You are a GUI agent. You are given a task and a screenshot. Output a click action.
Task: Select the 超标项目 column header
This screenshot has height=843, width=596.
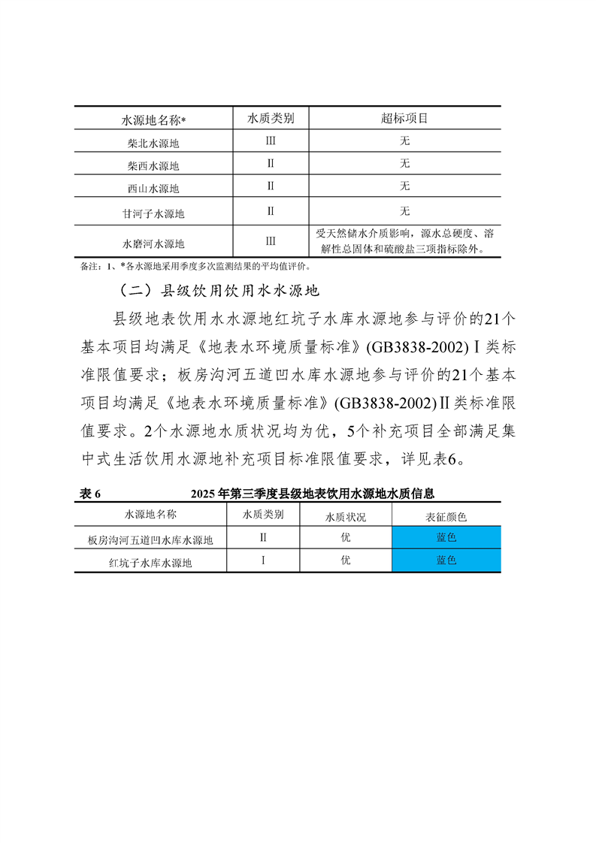[x=404, y=118]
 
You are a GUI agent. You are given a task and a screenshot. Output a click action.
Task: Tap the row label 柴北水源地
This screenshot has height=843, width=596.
[x=153, y=142]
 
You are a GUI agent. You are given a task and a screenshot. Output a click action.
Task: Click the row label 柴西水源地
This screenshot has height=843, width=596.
[x=153, y=165]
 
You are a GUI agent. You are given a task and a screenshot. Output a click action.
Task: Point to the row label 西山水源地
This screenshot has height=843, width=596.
[x=153, y=189]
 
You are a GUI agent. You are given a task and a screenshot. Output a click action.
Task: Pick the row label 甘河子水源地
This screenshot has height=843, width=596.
[x=153, y=213]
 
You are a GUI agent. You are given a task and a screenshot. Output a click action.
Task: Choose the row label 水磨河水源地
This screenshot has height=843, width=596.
[x=153, y=243]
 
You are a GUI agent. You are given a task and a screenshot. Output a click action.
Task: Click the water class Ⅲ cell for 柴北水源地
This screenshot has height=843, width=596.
[x=271, y=141]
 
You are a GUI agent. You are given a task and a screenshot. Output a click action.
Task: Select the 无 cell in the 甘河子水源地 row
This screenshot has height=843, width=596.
[x=404, y=210]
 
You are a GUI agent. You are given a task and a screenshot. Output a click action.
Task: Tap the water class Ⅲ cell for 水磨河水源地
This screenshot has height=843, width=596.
[x=271, y=241]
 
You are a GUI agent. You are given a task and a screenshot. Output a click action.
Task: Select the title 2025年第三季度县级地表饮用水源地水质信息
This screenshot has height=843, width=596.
[x=313, y=493]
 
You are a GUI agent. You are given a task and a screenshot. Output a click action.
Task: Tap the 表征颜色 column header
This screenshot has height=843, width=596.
[x=446, y=516]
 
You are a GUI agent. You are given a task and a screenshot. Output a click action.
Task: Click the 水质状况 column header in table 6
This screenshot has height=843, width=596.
[x=345, y=516]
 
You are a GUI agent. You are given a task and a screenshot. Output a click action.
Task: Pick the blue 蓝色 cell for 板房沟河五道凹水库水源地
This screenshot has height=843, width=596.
[x=446, y=538]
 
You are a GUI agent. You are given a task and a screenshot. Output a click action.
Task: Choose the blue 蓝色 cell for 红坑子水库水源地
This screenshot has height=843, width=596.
[x=446, y=560]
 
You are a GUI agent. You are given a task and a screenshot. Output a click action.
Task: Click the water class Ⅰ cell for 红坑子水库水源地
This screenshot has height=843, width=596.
[x=263, y=560]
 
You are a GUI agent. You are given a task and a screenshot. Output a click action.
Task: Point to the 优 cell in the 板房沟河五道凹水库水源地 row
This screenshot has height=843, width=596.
[x=345, y=538]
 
